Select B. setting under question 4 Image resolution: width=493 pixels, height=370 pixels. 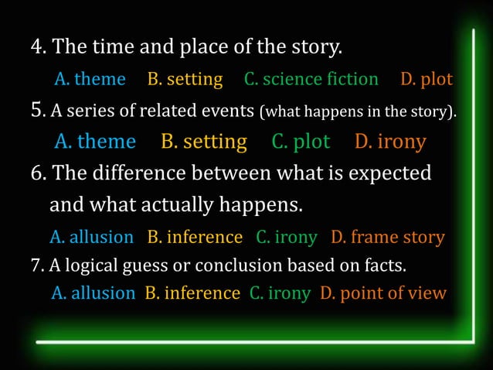tap(185, 79)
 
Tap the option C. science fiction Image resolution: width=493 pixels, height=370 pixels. tap(311, 79)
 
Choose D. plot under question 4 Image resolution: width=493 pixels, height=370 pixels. tap(427, 79)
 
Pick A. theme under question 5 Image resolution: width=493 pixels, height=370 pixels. tap(95, 142)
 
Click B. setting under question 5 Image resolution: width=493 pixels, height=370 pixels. tap(204, 142)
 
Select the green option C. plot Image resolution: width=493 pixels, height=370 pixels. tap(301, 142)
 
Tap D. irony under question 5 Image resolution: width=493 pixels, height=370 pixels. tap(390, 142)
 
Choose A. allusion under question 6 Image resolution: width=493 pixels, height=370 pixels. tap(91, 237)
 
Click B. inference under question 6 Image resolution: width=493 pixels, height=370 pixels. tap(195, 237)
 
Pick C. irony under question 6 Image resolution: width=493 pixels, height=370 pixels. tap(287, 237)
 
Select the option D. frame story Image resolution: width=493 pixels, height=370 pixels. tap(388, 237)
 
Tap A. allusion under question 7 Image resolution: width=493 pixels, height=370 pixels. tap(93, 293)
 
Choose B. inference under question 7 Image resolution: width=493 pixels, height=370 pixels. tap(192, 293)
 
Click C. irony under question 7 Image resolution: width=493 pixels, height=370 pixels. tap(280, 293)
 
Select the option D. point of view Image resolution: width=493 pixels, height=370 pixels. tap(383, 293)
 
